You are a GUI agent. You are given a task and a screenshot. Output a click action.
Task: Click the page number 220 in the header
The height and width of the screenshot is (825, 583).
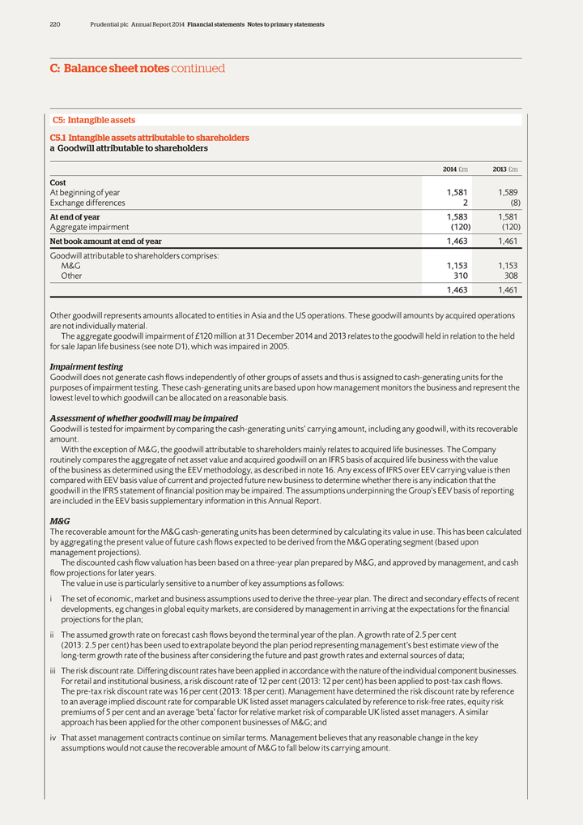point(55,24)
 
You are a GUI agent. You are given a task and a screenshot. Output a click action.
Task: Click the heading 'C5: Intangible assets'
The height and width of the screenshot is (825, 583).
point(94,120)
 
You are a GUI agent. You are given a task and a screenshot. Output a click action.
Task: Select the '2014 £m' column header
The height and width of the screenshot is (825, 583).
point(454,169)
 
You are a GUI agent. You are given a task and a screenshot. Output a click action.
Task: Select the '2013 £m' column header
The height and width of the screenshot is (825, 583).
point(505,169)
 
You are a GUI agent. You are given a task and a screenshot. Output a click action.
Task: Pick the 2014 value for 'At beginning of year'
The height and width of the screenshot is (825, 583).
point(457,193)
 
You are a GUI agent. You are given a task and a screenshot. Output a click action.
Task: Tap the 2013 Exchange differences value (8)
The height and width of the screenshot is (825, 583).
point(509,203)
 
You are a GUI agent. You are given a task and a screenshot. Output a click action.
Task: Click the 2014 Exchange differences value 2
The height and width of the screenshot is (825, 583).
point(466,203)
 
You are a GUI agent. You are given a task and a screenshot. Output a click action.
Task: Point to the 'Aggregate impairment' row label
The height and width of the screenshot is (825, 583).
point(89,227)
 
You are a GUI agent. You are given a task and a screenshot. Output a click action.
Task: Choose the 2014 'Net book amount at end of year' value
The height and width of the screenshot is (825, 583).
point(457,242)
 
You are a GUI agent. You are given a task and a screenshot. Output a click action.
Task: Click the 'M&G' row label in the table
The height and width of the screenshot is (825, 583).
point(70,266)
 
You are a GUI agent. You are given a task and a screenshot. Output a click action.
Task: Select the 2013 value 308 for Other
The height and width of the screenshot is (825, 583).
point(509,276)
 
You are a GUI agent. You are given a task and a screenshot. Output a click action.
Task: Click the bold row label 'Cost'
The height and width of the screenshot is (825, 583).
point(58,183)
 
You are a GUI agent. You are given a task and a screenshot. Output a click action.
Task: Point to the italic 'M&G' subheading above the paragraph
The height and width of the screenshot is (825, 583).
point(60,522)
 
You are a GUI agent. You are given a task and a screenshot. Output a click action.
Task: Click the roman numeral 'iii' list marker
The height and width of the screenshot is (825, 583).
point(53,671)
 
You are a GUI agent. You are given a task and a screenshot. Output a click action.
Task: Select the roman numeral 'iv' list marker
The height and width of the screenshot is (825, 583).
point(53,738)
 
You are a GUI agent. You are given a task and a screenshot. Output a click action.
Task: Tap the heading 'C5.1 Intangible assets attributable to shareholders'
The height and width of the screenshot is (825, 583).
point(149,139)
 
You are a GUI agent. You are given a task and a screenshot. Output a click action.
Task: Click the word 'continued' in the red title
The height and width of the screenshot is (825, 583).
point(198,69)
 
